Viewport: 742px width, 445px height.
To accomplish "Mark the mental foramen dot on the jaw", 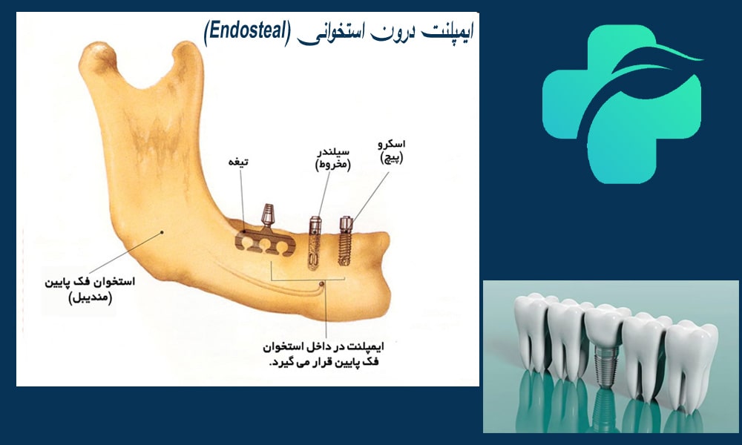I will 321,284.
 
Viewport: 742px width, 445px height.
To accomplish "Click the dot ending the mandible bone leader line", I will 161,233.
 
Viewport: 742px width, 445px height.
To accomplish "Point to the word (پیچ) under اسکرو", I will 392,159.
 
